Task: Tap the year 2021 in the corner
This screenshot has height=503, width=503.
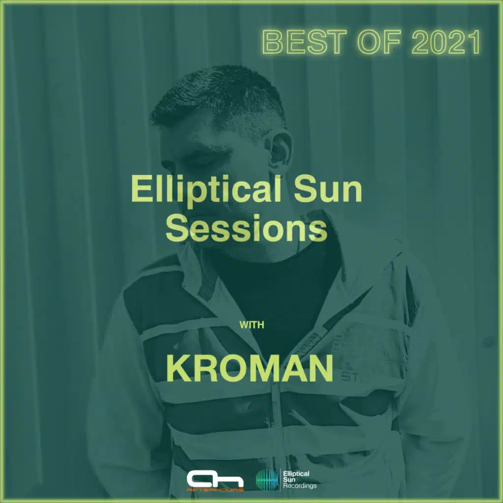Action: [445, 43]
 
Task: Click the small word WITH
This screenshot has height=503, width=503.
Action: [251, 325]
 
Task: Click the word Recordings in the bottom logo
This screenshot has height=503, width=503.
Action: [300, 486]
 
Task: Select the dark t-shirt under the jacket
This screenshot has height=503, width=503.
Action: [275, 275]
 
